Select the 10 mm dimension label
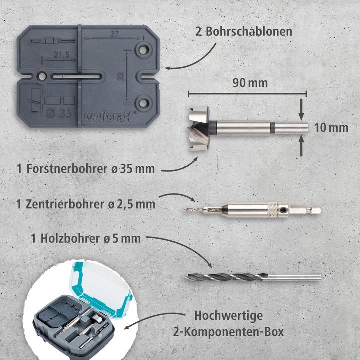[331, 127]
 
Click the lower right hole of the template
[145, 103]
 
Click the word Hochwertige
[236, 315]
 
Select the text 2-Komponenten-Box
[236, 331]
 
